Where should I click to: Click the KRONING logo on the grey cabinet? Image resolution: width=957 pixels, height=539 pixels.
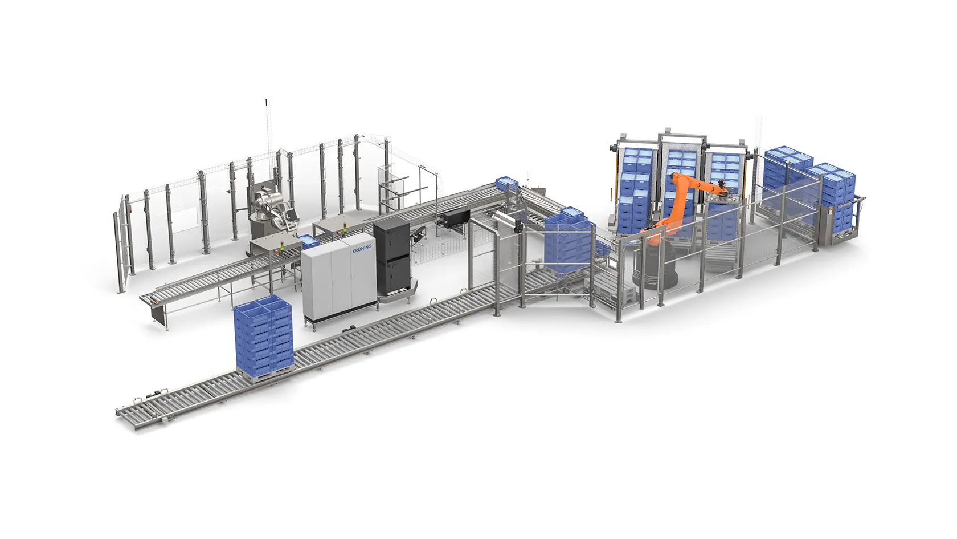click(362, 249)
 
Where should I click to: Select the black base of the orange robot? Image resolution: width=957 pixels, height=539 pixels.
click(655, 268)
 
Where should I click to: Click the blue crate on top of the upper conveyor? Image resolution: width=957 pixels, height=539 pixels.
click(506, 183)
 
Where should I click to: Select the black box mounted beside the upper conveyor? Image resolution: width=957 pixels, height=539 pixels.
click(456, 219)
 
